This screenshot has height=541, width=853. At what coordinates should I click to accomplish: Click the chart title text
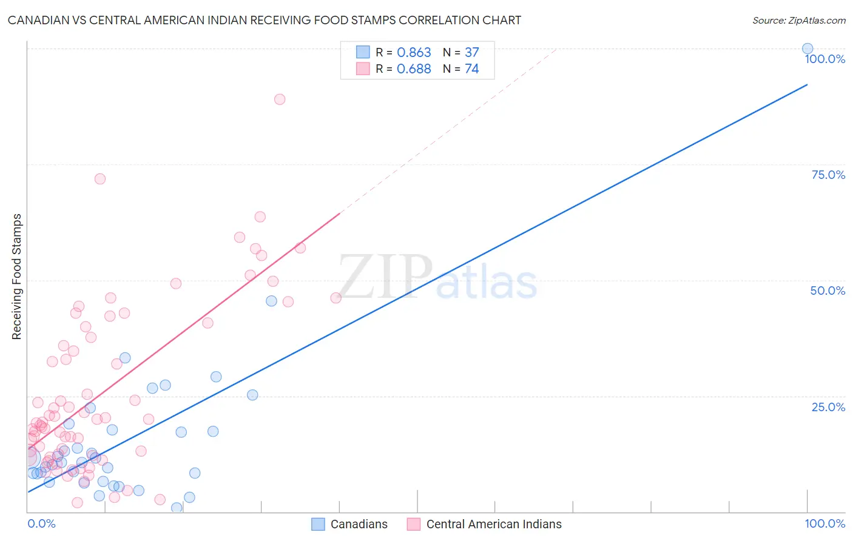tap(264, 20)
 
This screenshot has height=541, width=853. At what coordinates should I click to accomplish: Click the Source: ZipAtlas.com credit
tap(798, 20)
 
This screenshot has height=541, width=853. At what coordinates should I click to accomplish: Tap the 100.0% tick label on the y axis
tap(824, 59)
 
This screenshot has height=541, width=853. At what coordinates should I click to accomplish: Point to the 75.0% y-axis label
tap(828, 175)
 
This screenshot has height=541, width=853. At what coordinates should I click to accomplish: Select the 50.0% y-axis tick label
tap(828, 291)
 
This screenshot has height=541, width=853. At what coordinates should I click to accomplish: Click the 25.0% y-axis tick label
tap(828, 407)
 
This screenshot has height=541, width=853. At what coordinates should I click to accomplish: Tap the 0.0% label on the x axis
tap(41, 523)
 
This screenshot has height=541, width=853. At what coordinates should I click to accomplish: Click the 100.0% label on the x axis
tap(824, 523)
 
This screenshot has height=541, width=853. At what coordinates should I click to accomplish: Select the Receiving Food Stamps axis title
tap(17, 277)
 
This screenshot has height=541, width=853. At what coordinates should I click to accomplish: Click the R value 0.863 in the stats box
tap(414, 53)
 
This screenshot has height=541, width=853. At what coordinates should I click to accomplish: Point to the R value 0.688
tap(414, 69)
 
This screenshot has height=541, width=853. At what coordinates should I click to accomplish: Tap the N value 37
tap(471, 53)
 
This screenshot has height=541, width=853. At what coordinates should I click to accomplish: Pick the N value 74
tap(471, 69)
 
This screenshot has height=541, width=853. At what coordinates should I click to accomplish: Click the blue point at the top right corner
tap(807, 49)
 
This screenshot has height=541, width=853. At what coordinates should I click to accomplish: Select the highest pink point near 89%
tap(280, 99)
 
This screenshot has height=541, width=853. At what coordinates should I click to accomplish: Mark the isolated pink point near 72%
tap(100, 179)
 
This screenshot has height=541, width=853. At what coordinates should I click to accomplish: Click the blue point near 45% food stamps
tap(271, 301)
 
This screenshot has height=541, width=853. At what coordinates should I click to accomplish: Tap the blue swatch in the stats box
tap(363, 52)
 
